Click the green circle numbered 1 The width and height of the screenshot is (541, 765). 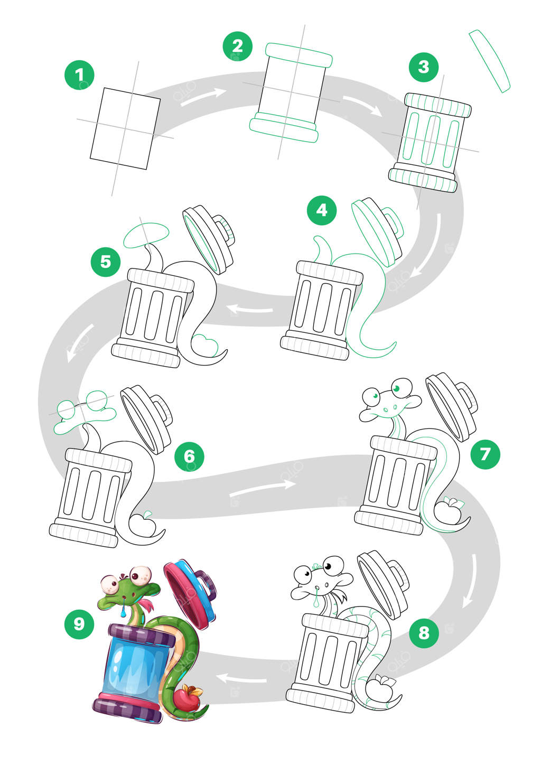[79, 74]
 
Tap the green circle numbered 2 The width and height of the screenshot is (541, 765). [237, 46]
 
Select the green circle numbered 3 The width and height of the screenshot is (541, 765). [423, 67]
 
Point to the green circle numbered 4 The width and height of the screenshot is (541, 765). [322, 210]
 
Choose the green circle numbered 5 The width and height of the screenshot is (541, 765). [106, 261]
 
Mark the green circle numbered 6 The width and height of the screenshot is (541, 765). [189, 456]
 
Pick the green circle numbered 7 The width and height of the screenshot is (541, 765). [484, 453]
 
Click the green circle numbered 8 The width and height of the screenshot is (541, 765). [424, 632]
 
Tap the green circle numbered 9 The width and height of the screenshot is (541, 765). [79, 624]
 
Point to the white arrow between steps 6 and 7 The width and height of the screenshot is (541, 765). [262, 489]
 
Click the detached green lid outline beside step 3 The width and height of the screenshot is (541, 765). [490, 61]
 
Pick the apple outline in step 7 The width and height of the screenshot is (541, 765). [450, 511]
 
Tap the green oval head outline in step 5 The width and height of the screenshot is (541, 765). [146, 235]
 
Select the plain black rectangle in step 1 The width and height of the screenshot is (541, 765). [125, 128]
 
